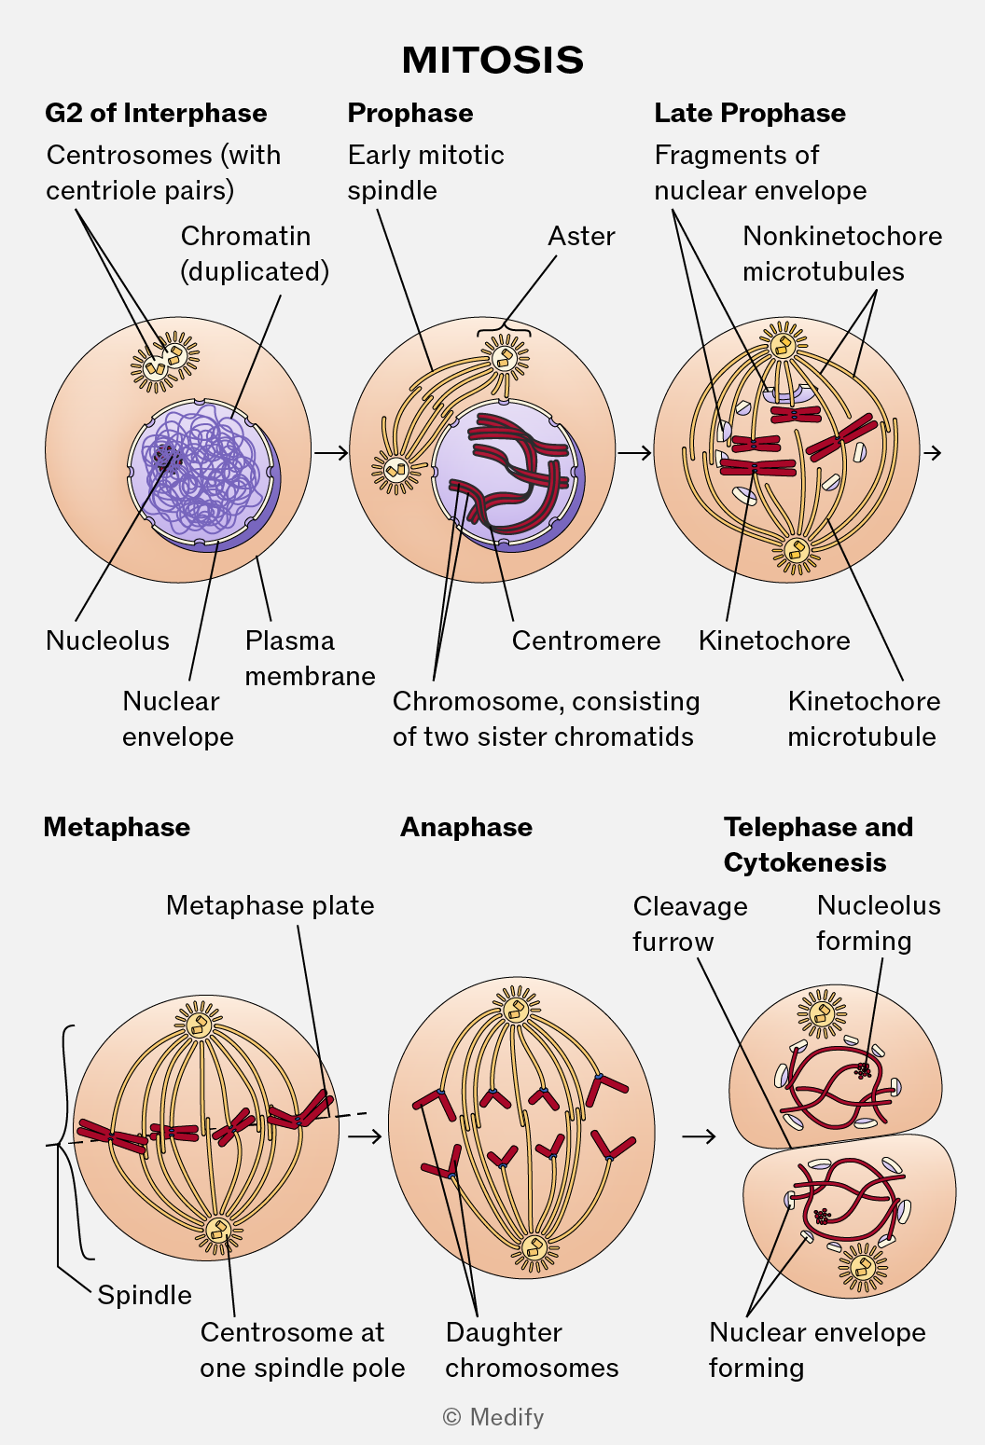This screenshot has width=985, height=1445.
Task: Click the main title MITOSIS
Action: point(492,60)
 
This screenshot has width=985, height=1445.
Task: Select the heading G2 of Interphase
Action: point(156,113)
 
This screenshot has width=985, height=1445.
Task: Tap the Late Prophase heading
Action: point(749,113)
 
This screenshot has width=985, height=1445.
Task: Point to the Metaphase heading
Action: point(117,827)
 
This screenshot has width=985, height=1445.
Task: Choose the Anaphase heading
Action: point(466,827)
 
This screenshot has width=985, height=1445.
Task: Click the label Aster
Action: point(581,236)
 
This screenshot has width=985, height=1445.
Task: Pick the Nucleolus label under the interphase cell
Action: point(107,640)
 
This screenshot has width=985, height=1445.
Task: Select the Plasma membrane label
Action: point(310,658)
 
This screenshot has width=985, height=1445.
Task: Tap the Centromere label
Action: point(586,640)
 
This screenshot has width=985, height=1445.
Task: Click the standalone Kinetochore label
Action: point(774,640)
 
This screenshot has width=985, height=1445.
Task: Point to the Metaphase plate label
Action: point(270,905)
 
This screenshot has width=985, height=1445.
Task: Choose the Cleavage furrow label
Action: point(690,924)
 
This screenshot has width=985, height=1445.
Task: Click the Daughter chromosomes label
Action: point(532,1350)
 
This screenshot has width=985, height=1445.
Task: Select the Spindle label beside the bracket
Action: point(145,1295)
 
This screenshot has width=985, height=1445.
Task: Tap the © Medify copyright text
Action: point(493,1417)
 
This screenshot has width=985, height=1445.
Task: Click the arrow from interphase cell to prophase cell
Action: point(330,453)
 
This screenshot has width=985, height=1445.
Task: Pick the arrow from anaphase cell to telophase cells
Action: point(699,1136)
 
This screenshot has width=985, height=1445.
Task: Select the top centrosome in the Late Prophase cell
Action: point(784,345)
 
